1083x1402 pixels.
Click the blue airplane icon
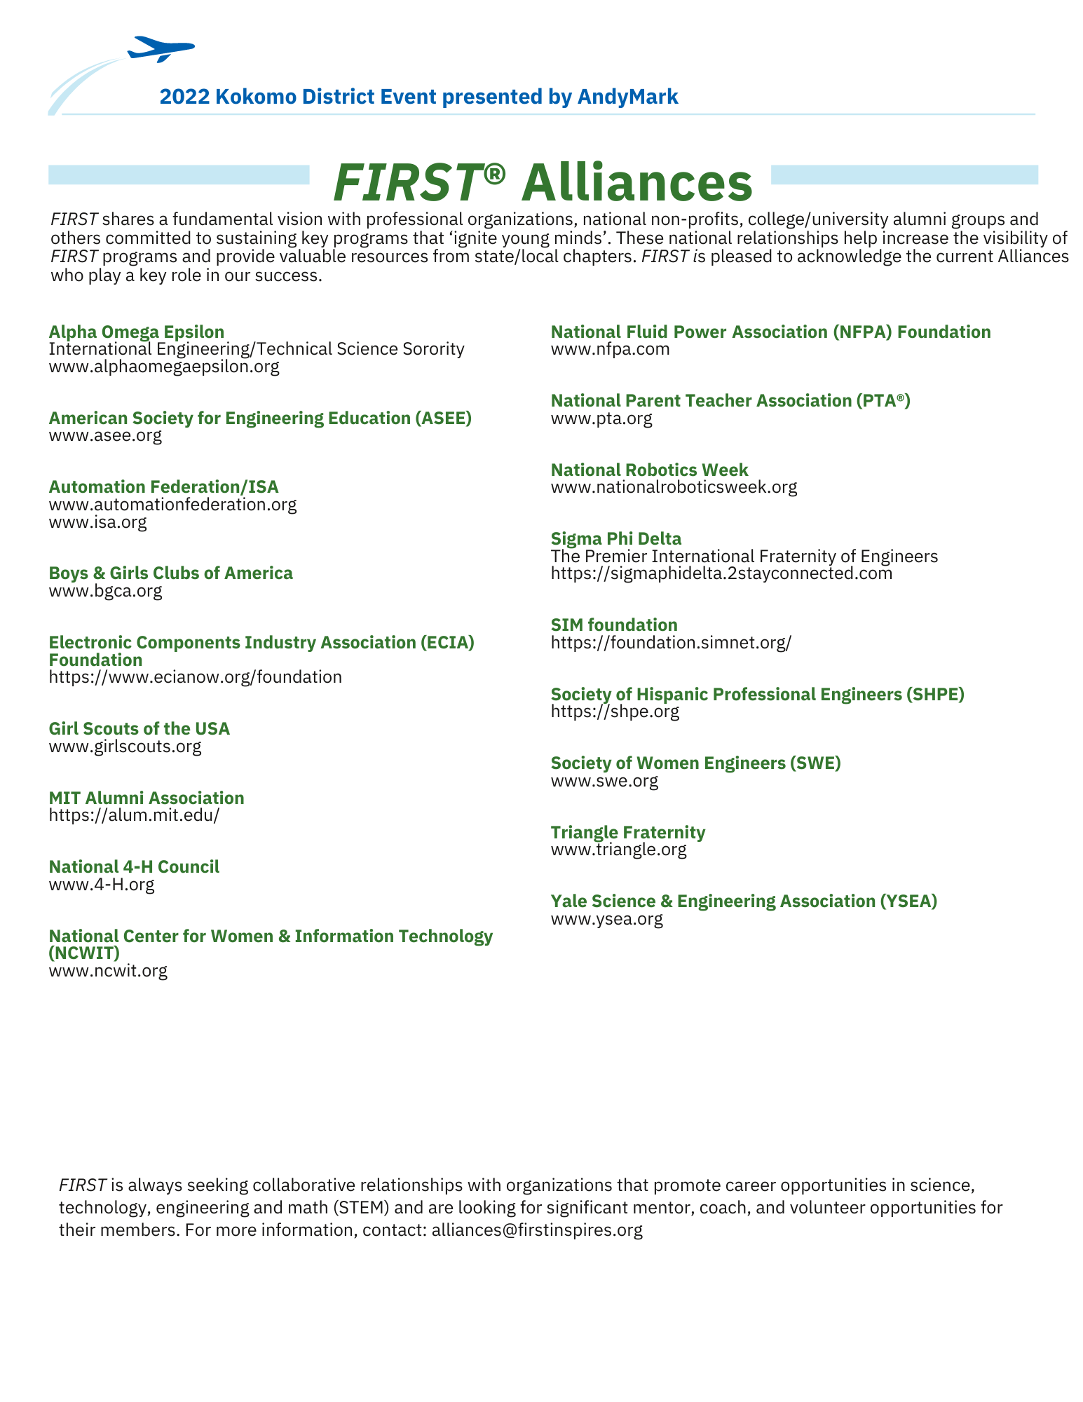161,49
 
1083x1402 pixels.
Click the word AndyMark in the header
627,97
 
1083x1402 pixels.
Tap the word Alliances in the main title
636,182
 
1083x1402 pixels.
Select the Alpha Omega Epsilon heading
137,332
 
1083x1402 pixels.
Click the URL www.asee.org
105,435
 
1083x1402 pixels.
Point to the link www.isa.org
97,522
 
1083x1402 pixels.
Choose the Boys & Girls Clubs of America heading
170,573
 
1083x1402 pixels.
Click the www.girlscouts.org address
125,746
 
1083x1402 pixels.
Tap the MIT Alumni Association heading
147,798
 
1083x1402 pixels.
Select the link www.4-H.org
102,884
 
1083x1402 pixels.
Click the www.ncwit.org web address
108,971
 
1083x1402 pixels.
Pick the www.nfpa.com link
610,349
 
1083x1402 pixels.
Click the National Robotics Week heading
649,470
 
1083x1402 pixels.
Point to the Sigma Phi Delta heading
615,538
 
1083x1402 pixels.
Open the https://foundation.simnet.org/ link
670,642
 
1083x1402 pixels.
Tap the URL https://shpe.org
615,712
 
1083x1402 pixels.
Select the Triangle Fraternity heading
627,832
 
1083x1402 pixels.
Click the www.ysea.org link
606,918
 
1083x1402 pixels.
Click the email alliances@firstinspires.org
537,1230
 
